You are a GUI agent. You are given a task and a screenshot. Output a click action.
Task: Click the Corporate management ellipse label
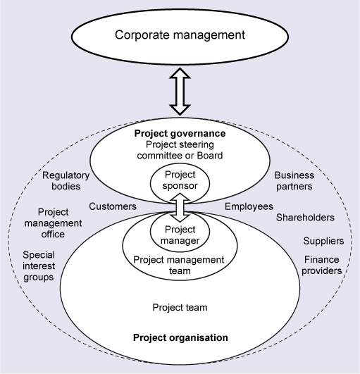[x=180, y=34]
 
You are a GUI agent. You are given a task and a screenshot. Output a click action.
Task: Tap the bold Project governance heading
[x=181, y=134]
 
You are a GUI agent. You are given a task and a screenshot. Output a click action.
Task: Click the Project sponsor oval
[x=180, y=180]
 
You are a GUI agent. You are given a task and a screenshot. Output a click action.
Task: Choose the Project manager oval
[x=180, y=235]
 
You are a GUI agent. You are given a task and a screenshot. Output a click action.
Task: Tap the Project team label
[x=180, y=308]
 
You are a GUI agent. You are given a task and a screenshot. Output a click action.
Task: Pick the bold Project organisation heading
[x=180, y=337]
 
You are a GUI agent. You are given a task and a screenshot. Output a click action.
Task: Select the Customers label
[x=112, y=206]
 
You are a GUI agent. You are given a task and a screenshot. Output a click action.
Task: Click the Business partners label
[x=294, y=182]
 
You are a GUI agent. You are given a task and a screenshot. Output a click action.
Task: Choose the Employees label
[x=248, y=206]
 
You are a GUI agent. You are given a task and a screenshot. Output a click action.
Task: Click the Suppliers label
[x=323, y=240]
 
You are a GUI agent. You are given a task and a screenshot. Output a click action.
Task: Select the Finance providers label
[x=323, y=265]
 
